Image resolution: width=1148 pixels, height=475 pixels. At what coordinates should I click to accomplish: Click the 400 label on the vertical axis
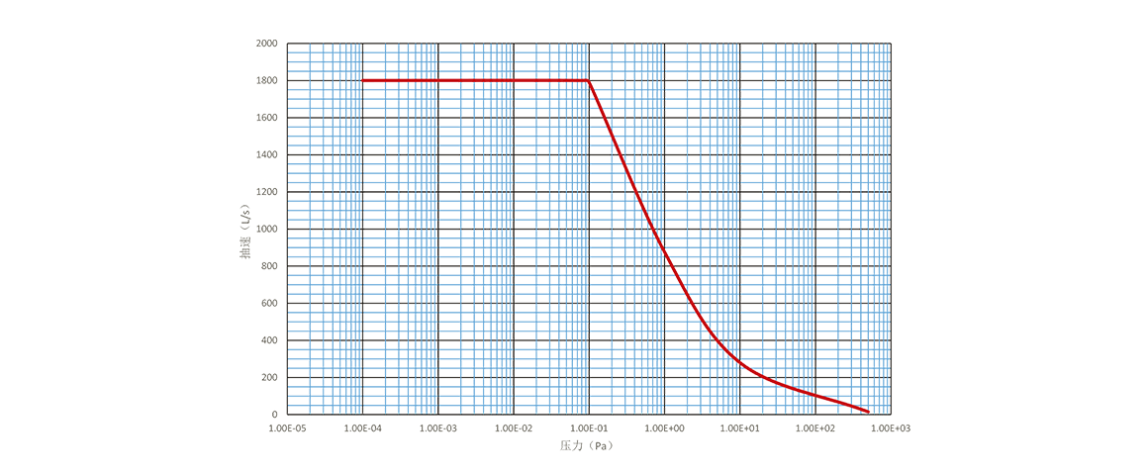(x=270, y=340)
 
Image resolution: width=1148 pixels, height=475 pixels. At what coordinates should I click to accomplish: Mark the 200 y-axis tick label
(x=270, y=377)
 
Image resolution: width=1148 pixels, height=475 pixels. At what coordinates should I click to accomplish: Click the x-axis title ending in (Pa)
(x=588, y=446)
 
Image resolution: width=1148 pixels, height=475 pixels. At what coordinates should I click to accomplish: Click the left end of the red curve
(x=363, y=80)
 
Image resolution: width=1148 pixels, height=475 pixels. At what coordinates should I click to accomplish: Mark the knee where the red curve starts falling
(x=590, y=80)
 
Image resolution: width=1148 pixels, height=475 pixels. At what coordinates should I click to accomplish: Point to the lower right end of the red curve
(x=869, y=410)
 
